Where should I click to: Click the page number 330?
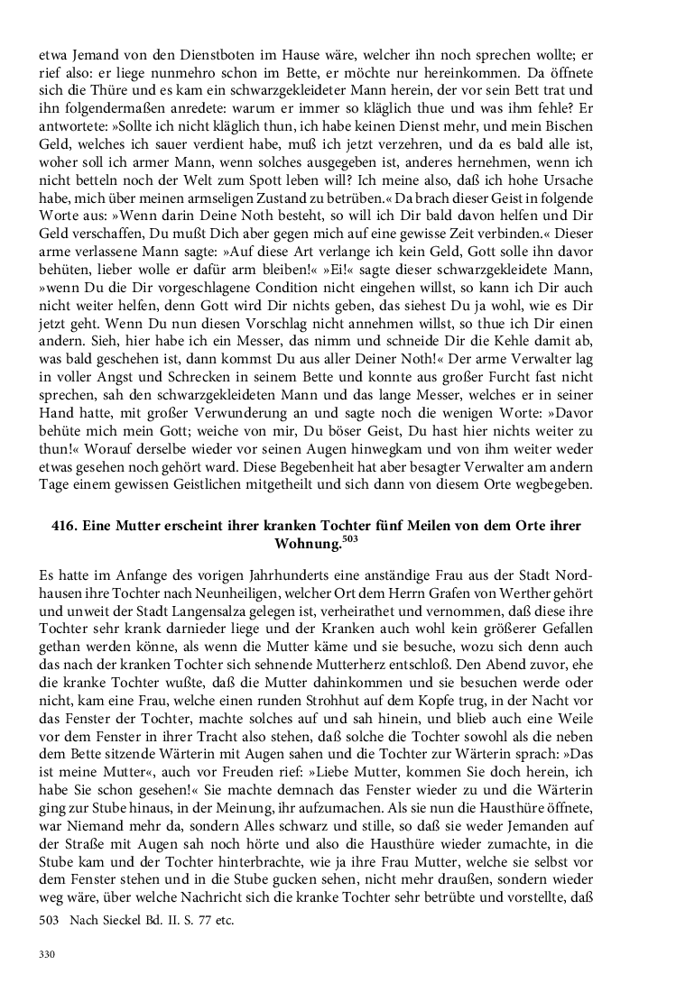(x=47, y=953)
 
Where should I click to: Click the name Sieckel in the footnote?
(x=122, y=921)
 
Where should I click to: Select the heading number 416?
(x=65, y=526)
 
